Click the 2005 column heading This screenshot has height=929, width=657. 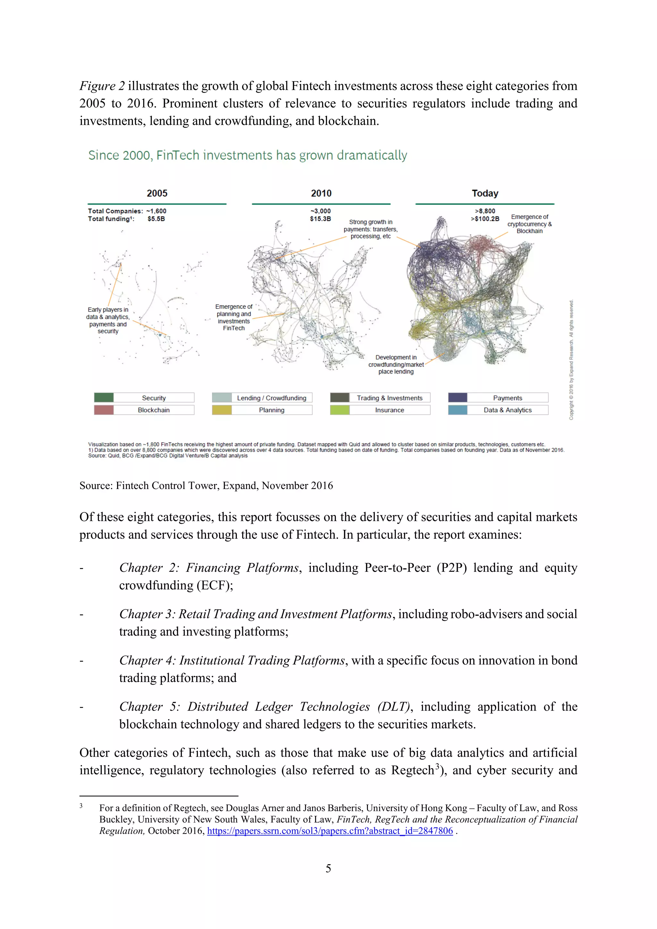[157, 194]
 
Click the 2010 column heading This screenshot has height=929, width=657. [321, 194]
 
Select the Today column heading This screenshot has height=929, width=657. [485, 194]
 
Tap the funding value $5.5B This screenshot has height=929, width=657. [156, 219]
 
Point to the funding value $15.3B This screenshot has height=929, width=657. [320, 219]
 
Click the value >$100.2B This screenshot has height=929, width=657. [485, 219]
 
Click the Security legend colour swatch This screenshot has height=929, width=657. [104, 398]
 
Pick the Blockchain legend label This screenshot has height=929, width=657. [154, 410]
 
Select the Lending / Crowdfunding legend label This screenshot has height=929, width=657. [271, 398]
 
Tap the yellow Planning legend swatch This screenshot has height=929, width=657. [222, 410]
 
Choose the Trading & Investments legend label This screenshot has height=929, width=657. [389, 398]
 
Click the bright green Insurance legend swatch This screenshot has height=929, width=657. [340, 410]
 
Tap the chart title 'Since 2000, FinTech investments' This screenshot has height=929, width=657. [248, 155]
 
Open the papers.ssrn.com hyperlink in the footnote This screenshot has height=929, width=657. [330, 831]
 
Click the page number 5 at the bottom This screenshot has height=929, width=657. [328, 868]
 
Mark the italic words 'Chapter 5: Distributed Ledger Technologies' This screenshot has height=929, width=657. [244, 707]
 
